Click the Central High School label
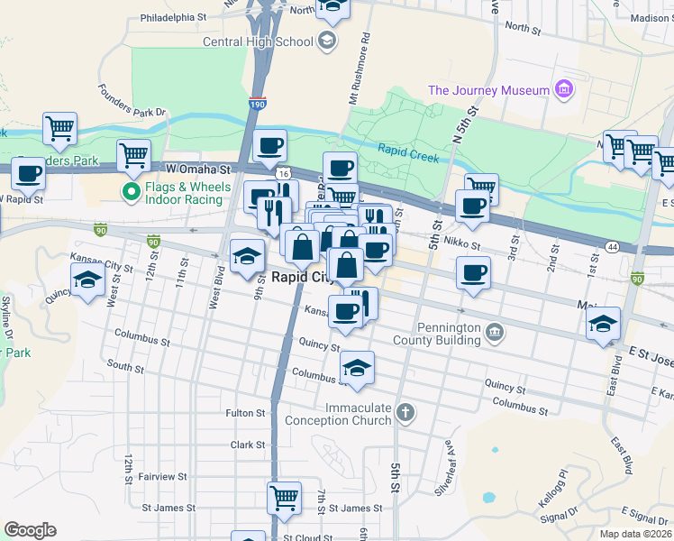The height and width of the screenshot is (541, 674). point(258,41)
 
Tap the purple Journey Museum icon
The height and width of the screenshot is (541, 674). point(565,89)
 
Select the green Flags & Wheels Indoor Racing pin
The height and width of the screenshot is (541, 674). point(131,191)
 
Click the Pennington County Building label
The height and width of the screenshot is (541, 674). point(436,335)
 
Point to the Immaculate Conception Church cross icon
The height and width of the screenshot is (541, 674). point(405,414)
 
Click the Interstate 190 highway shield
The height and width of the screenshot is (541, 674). point(258,104)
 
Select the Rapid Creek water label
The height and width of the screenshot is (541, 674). point(407,153)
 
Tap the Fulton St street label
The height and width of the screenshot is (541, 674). point(245,413)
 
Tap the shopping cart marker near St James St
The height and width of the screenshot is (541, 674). point(284,498)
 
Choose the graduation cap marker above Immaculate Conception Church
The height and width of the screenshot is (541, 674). point(358,368)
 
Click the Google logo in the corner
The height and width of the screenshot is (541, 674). point(30,530)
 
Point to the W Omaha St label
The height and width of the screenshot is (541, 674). point(198,169)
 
